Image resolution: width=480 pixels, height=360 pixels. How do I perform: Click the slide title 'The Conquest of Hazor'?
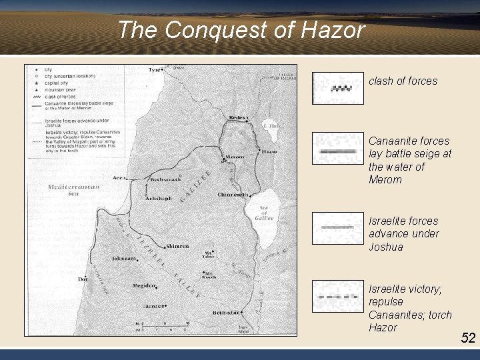[x=241, y=30]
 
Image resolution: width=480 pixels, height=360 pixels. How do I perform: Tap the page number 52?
[x=468, y=338]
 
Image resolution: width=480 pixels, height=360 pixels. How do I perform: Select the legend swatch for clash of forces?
[x=338, y=88]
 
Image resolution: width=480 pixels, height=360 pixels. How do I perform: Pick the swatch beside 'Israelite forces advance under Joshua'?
[x=338, y=228]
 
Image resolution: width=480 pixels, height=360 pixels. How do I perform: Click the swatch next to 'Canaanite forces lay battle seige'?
[x=338, y=150]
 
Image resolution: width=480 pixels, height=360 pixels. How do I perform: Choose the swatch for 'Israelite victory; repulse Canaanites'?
[x=338, y=295]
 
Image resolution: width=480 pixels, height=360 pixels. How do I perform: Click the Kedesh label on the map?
[x=237, y=117]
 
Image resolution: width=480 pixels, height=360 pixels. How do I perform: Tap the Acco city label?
[x=119, y=178]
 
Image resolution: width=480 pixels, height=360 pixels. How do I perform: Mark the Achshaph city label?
[x=159, y=198]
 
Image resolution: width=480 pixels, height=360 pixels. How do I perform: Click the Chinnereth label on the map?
[x=232, y=195]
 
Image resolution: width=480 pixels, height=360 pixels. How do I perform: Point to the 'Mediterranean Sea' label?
[x=74, y=190]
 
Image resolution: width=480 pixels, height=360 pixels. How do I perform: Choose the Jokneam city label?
[x=125, y=257]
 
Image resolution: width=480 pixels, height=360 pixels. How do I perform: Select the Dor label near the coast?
[x=83, y=279]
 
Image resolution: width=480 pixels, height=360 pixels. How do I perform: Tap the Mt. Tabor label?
[x=209, y=254]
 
